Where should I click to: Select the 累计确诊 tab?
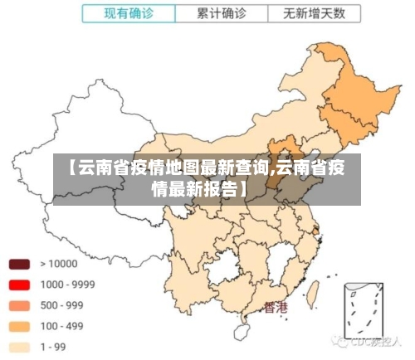[x=222, y=14]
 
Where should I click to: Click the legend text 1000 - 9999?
[x=67, y=285]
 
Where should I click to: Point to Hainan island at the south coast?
[x=242, y=333]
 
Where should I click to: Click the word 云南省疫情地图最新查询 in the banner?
[x=170, y=169]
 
